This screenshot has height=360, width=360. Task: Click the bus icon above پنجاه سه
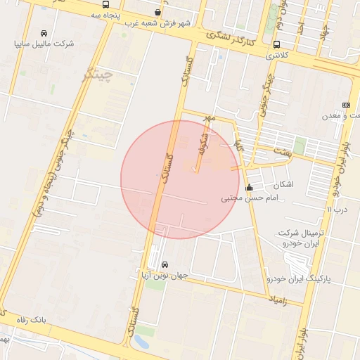105,4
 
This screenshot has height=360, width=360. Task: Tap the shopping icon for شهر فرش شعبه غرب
157,12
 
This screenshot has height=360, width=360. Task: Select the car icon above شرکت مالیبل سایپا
44,33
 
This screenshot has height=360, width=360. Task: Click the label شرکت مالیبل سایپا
44,44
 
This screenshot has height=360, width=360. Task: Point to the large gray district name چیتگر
97,75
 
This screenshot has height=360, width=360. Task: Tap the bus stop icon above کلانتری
276,45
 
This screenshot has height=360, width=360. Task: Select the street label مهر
208,117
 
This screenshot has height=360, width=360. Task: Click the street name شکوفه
202,139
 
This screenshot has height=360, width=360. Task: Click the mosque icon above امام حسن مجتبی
250,188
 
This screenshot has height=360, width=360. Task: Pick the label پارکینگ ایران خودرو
297,280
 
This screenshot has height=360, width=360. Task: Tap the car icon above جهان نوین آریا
165,265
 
